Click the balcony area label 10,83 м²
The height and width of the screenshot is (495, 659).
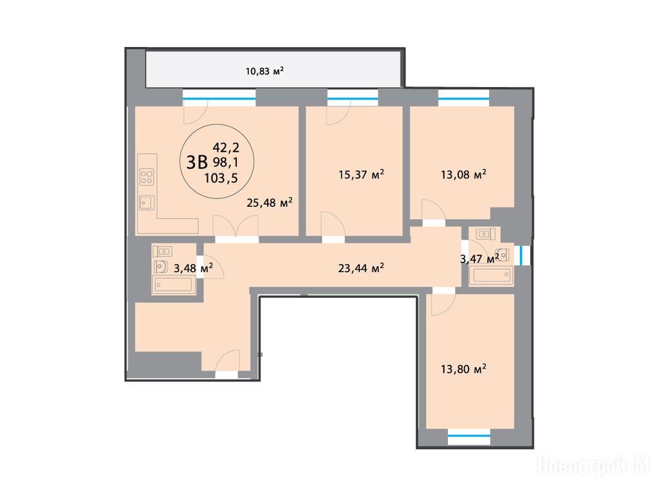265,71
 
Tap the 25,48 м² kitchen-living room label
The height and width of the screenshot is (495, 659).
270,203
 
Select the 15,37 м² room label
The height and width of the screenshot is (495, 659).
362,174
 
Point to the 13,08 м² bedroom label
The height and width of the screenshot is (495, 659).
463,174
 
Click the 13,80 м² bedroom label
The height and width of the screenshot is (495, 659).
463,369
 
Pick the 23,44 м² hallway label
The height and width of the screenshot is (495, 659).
361,267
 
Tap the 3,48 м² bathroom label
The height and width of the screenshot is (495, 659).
193,267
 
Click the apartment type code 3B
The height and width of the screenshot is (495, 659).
197,162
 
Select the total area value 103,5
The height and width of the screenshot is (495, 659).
221,178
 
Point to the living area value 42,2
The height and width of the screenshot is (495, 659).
226,148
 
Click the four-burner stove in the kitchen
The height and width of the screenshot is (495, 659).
147,177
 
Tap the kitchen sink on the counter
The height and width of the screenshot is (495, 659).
147,203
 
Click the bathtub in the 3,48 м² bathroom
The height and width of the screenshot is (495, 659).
174,284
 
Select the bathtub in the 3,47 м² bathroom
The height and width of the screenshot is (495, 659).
491,275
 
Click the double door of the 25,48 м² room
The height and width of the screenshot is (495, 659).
236,228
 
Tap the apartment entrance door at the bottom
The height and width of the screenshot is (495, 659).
227,363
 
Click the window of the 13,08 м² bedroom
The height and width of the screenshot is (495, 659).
463,98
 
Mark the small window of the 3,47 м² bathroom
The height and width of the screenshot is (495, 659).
521,255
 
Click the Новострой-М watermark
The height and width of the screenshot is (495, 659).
595,465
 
